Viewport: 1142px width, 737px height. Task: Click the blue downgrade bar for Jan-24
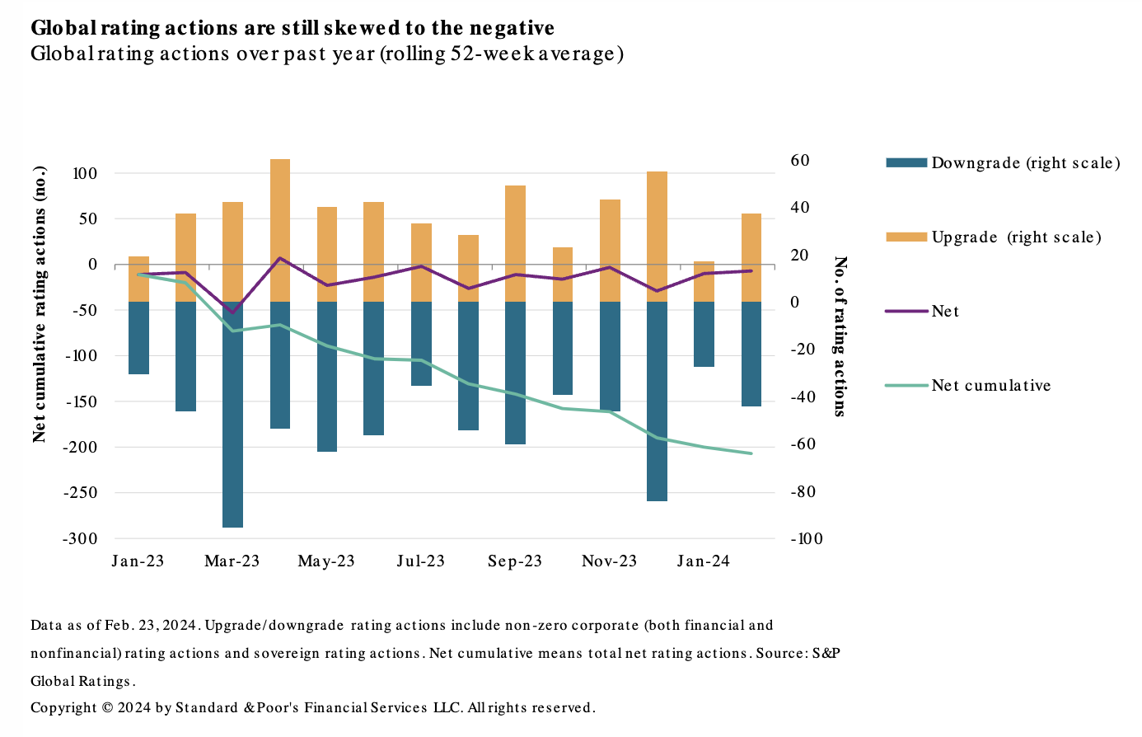(x=704, y=334)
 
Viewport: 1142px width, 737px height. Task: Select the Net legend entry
(x=945, y=312)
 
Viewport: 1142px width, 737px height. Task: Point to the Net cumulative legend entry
(x=990, y=386)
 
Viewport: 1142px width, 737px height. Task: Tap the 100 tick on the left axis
(x=85, y=174)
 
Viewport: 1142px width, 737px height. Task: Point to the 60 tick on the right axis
(x=800, y=160)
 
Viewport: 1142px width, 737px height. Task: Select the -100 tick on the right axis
(x=807, y=538)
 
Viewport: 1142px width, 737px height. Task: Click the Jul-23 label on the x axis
(x=420, y=561)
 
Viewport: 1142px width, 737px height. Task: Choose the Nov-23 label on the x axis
(x=609, y=561)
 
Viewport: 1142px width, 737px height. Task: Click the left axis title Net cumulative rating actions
(x=40, y=305)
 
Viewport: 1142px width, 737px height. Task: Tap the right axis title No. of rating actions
(x=840, y=336)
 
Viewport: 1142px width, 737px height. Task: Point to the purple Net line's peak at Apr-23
(x=280, y=258)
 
